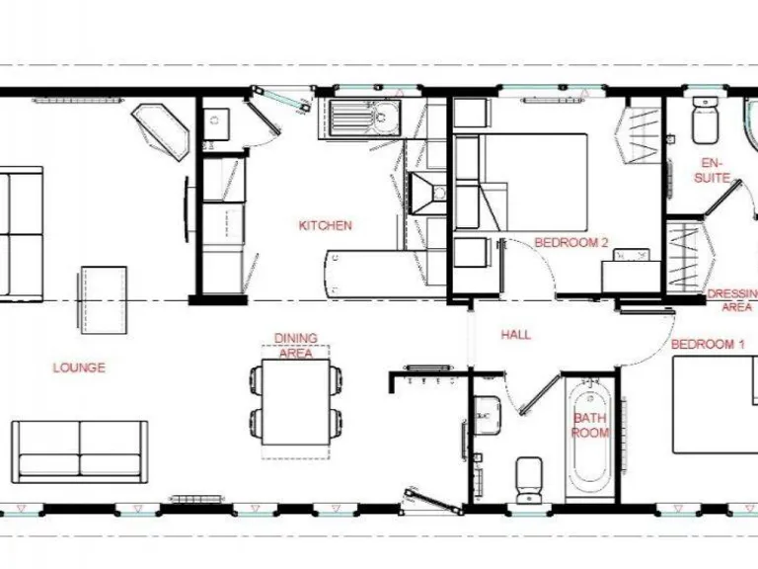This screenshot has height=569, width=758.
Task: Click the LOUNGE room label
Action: pos(79,367)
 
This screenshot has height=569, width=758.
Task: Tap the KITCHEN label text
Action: pos(325,226)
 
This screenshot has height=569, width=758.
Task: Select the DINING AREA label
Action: pos(295,346)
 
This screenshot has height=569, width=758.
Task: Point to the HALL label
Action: pos(515,335)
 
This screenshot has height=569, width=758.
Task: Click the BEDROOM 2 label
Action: pos(565,242)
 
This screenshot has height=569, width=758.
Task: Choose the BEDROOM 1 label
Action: pos(708,344)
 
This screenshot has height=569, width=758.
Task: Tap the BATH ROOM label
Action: pos(590,425)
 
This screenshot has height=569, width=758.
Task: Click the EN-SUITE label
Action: pos(712,171)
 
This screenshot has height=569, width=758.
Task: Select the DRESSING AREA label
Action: pos(731,300)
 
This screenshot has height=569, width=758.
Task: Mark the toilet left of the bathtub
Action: pos(528,477)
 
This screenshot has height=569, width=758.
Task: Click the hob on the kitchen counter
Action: pos(425,194)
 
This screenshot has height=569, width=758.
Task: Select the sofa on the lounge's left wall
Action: pos(21,233)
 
